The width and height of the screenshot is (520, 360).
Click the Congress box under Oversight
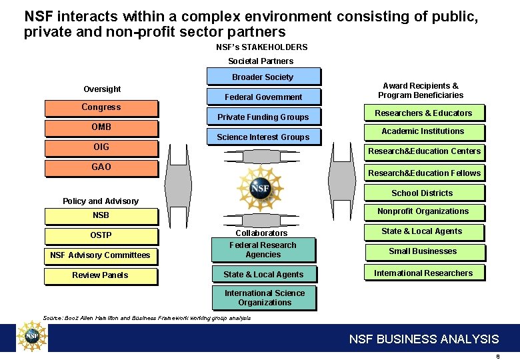point(101,108)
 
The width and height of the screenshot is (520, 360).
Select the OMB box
point(101,128)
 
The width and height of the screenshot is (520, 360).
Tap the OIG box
point(101,148)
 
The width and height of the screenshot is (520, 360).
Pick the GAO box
point(101,168)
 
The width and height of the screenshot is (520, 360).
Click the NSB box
point(101,216)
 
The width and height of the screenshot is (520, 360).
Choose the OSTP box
point(101,236)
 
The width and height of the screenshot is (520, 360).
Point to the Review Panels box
point(101,275)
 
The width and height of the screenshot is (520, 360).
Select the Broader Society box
point(263,77)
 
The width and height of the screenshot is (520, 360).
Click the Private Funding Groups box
point(263,117)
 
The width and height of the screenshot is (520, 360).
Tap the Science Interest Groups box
point(263,137)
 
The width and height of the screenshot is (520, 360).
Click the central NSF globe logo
point(261,189)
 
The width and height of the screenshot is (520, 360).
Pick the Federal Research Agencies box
point(263,250)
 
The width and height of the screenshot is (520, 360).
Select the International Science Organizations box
point(264,298)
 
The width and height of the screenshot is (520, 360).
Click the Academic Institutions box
point(423,132)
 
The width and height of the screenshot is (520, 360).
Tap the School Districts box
point(423,193)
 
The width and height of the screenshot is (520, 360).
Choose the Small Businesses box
point(423,252)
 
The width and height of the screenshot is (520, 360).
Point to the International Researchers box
point(423,273)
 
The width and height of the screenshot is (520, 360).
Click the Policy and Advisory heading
point(101,201)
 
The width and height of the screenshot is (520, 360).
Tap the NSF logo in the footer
point(31,337)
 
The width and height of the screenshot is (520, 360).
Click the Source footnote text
point(147,319)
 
